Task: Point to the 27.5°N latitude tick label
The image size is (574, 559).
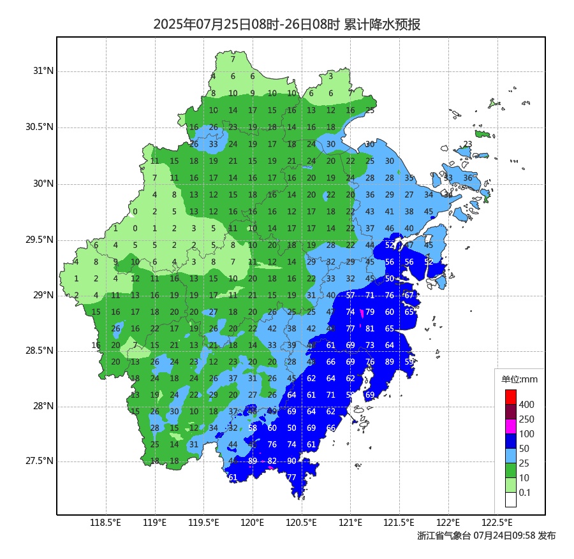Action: (x=40, y=461)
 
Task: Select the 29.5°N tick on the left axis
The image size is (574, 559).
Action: (x=40, y=240)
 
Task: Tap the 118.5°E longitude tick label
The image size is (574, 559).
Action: (x=106, y=524)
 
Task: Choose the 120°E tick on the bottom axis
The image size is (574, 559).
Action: (x=253, y=524)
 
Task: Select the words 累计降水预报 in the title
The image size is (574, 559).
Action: (x=382, y=25)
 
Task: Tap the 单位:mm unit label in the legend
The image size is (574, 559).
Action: (x=520, y=380)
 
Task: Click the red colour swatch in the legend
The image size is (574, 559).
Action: (x=510, y=396)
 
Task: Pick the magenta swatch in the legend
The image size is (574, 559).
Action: (x=510, y=426)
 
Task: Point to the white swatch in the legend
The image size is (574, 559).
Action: (x=510, y=500)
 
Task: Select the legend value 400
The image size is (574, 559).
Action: (x=526, y=405)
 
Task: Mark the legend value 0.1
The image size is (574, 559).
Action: (x=524, y=493)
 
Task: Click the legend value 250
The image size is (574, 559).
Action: (x=526, y=419)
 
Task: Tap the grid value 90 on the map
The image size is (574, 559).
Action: (x=291, y=461)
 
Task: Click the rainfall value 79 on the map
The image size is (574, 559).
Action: (x=370, y=312)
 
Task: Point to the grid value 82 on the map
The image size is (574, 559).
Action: (x=272, y=461)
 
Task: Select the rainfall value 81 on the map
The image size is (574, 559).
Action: (x=370, y=329)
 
